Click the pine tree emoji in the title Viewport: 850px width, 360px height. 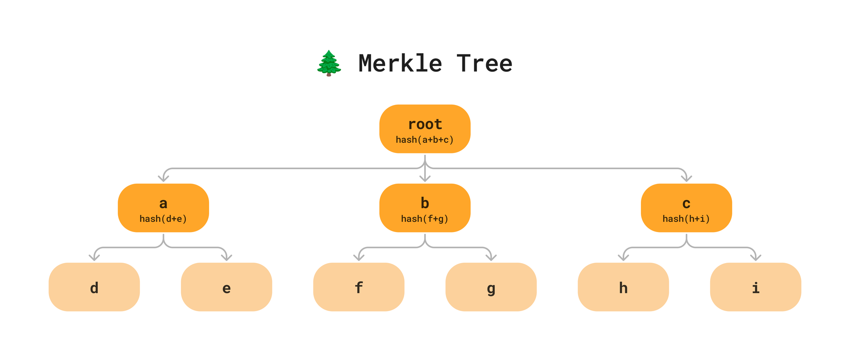(x=329, y=63)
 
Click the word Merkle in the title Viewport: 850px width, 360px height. (x=400, y=63)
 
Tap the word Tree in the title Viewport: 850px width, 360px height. (x=484, y=63)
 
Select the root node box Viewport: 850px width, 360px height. (x=425, y=128)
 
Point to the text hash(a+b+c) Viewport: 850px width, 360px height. (x=425, y=139)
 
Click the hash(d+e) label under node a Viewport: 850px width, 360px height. (x=163, y=218)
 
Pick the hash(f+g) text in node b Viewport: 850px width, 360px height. (x=425, y=218)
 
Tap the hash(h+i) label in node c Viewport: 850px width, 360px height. (x=686, y=218)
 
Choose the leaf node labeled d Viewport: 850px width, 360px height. (x=94, y=287)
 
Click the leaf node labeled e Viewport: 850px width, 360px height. (x=227, y=287)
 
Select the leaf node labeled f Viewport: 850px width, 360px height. (x=359, y=287)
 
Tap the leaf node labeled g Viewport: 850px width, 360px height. (x=491, y=287)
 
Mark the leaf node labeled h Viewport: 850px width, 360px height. (x=623, y=287)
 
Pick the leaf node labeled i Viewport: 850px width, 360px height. (x=756, y=287)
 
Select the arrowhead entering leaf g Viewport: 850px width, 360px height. (x=491, y=258)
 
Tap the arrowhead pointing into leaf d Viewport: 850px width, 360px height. (x=94, y=258)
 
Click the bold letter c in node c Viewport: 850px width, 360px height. (x=686, y=204)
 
